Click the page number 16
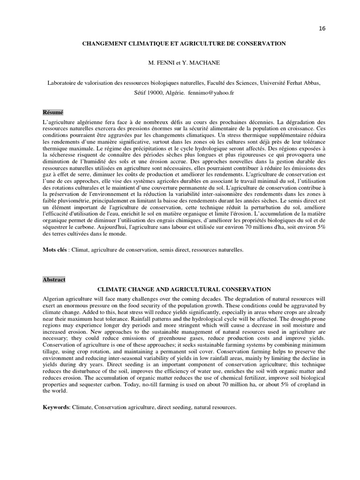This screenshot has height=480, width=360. pyautogui.click(x=322, y=28)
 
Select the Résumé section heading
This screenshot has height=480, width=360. pyautogui.click(x=52, y=112)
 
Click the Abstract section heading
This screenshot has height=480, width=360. pyautogui.click(x=53, y=279)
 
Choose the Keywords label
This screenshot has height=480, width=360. pyautogui.click(x=56, y=408)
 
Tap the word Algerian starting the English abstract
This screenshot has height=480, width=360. pyautogui.click(x=54, y=299)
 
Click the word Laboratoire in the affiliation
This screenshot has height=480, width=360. pyautogui.click(x=64, y=83)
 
